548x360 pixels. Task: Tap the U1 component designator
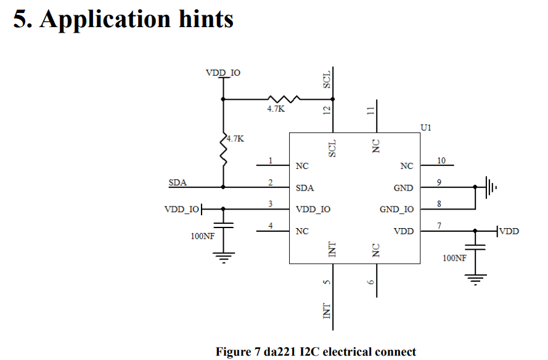[426, 128]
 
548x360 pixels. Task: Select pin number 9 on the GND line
[439, 182]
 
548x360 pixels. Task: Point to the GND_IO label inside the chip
[396, 210]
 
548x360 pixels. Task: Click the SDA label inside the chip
[305, 188]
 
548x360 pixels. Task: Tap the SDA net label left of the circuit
[178, 183]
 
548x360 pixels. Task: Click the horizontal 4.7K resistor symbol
[284, 99]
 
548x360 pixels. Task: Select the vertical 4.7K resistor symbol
[223, 151]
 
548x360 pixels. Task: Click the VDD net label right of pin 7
[509, 231]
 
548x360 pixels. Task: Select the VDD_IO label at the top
[223, 73]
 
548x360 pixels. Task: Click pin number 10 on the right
[441, 161]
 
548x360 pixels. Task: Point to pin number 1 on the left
[270, 161]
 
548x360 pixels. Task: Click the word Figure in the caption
[232, 352]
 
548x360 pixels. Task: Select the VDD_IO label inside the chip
[313, 210]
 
